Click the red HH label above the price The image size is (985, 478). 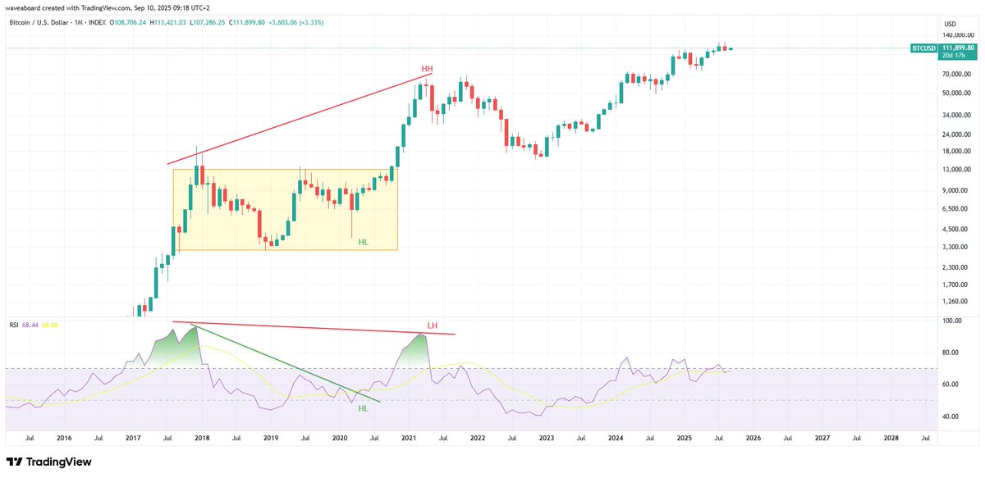(427, 68)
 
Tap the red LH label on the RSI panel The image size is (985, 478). (432, 325)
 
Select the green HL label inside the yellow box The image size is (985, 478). (364, 241)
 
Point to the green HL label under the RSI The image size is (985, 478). (363, 407)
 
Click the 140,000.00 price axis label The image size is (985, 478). (958, 35)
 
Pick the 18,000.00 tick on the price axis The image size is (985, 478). (957, 151)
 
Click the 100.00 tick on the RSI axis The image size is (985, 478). (951, 321)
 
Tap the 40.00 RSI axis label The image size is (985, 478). (950, 417)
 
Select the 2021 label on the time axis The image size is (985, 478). (408, 439)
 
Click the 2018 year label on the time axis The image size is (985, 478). (202, 439)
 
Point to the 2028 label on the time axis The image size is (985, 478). (891, 439)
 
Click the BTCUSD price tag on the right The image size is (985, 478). (923, 48)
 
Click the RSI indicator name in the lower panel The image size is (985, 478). (13, 325)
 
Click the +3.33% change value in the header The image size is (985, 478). (311, 22)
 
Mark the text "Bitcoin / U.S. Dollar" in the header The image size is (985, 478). (37, 22)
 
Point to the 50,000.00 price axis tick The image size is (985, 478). (957, 93)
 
